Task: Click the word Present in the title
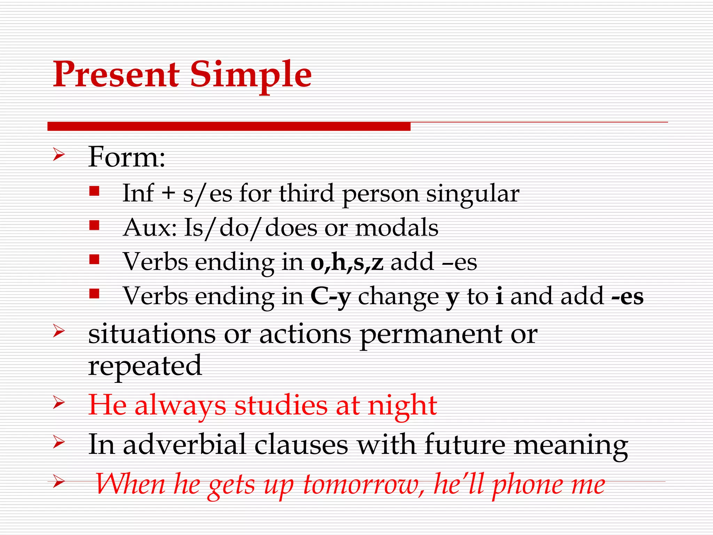coord(116,74)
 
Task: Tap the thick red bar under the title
coord(229,126)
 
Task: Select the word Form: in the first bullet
coord(127,157)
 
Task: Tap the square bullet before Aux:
coord(94,225)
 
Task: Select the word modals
coord(397,228)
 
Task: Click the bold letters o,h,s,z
coord(347,262)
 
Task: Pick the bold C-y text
coord(330,296)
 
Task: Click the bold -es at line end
coord(627,296)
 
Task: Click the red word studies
coord(281,406)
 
